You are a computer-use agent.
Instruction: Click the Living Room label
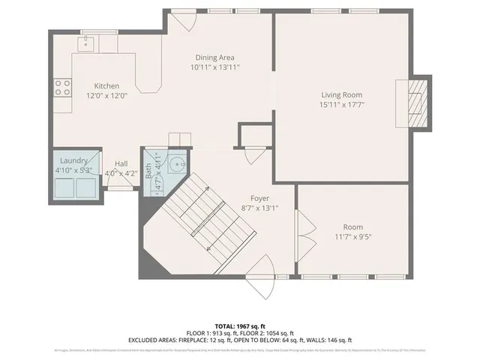pyautogui.click(x=342, y=95)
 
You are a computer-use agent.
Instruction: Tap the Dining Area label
pyautogui.click(x=215, y=58)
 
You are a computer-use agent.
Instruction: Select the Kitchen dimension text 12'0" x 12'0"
pyautogui.click(x=106, y=95)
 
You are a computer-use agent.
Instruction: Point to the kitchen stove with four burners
pyautogui.click(x=61, y=88)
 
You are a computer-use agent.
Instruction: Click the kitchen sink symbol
pyautogui.click(x=87, y=43)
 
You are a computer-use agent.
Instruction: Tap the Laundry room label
pyautogui.click(x=74, y=160)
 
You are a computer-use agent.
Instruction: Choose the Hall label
pyautogui.click(x=121, y=163)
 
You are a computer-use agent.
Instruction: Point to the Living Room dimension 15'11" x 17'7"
pyautogui.click(x=342, y=105)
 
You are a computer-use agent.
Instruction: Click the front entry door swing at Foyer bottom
pyautogui.click(x=259, y=265)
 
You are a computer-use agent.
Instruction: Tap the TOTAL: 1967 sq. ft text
pyautogui.click(x=240, y=326)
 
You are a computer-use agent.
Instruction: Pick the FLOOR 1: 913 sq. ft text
pyautogui.click(x=210, y=333)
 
